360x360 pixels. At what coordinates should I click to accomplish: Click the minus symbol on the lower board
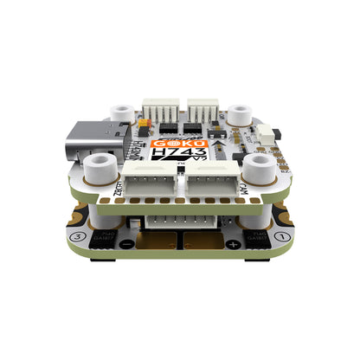coord(126,246)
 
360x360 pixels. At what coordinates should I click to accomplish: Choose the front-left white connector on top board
coord(149,182)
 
